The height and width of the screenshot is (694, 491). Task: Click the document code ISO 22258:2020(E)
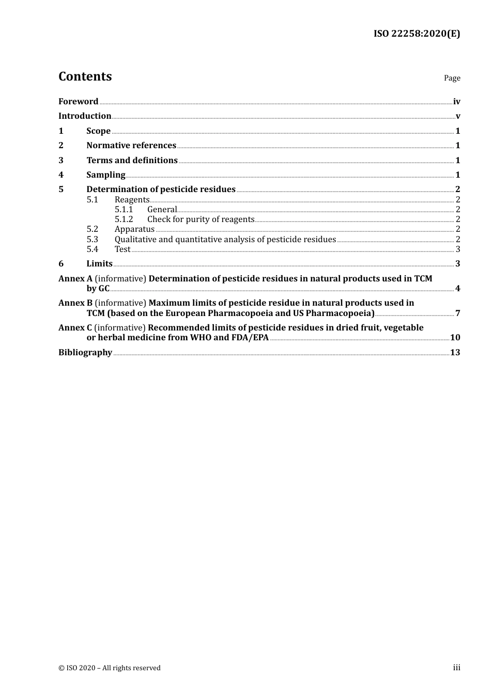pyautogui.click(x=417, y=34)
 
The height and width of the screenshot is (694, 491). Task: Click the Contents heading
pyautogui.click(x=85, y=76)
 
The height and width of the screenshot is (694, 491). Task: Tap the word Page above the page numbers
pyautogui.click(x=452, y=78)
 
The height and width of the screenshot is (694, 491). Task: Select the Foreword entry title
pyautogui.click(x=78, y=102)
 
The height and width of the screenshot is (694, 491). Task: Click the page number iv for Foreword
pyautogui.click(x=456, y=102)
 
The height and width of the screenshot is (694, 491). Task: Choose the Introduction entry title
pyautogui.click(x=85, y=116)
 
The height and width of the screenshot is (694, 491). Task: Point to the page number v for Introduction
pyautogui.click(x=458, y=116)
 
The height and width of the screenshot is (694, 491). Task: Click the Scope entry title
pyautogui.click(x=98, y=131)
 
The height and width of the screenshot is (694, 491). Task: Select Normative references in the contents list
pyautogui.click(x=131, y=146)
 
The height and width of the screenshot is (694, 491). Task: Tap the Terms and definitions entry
pyautogui.click(x=132, y=161)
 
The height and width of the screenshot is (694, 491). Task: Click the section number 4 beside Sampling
pyautogui.click(x=61, y=175)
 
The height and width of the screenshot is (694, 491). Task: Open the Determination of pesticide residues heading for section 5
pyautogui.click(x=161, y=190)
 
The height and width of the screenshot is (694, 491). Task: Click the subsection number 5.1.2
pyautogui.click(x=124, y=219)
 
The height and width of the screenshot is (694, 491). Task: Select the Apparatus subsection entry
pyautogui.click(x=134, y=229)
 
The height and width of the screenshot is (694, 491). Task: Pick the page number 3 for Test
pyautogui.click(x=458, y=249)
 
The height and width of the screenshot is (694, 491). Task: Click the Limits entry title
pyautogui.click(x=99, y=264)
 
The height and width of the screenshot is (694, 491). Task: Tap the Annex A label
pyautogui.click(x=75, y=279)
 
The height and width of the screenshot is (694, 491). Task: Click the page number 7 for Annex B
pyautogui.click(x=458, y=313)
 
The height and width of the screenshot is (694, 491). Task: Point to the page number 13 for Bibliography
pyautogui.click(x=455, y=353)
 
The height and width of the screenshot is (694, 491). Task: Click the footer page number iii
pyautogui.click(x=456, y=668)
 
